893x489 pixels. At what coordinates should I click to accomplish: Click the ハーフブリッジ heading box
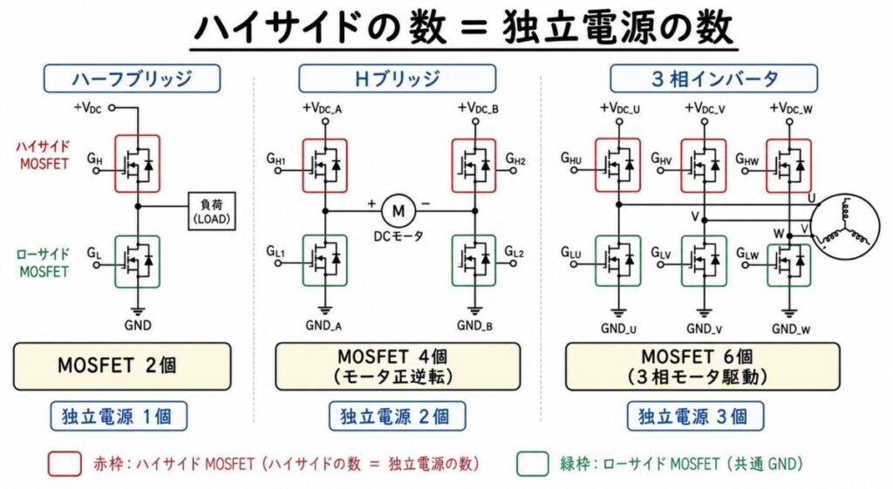[x=133, y=78]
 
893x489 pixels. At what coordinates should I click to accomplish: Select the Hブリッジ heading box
[x=397, y=78]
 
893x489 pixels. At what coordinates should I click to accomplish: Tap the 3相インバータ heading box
[x=713, y=78]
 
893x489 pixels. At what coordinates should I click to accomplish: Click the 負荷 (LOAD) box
[x=212, y=211]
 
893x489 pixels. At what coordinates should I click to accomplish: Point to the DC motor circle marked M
[x=398, y=211]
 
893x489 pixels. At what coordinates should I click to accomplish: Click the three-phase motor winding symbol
[x=844, y=228]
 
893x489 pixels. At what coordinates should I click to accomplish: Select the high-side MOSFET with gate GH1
[x=324, y=166]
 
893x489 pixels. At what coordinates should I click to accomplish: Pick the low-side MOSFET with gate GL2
[x=474, y=260]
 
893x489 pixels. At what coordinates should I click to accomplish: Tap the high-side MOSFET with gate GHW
[x=788, y=166]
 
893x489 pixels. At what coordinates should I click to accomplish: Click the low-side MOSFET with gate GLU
[x=618, y=260]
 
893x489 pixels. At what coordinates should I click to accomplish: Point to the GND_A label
[x=324, y=326]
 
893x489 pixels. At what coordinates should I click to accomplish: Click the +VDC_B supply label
[x=478, y=108]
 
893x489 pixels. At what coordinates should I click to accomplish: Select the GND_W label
[x=791, y=329]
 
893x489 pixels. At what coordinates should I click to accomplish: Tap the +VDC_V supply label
[x=705, y=108]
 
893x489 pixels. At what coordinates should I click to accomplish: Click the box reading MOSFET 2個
[x=122, y=366]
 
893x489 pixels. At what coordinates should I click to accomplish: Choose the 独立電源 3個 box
[x=692, y=416]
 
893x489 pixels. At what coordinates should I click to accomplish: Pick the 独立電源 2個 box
[x=397, y=416]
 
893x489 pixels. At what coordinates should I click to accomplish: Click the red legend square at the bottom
[x=65, y=464]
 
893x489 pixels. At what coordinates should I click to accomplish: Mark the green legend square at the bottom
[x=533, y=464]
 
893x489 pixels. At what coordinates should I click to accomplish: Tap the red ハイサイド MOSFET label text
[x=44, y=155]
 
